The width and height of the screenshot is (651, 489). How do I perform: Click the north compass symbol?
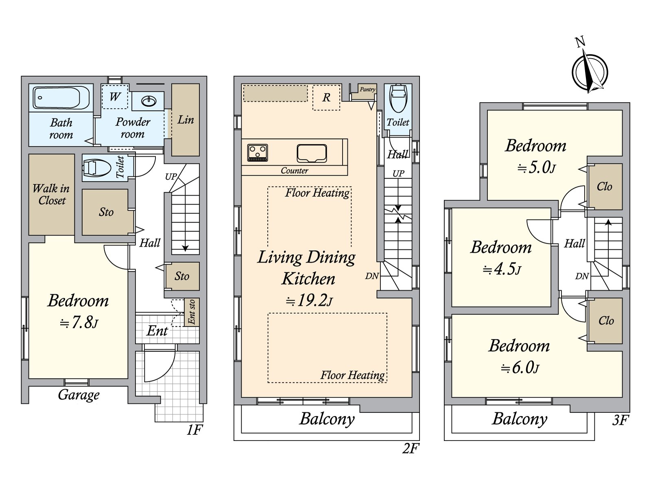pos(590,71)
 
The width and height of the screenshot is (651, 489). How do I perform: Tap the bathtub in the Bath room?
pos(57,97)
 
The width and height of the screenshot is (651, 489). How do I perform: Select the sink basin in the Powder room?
pos(149,101)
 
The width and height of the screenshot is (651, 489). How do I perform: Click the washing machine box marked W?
pos(115,97)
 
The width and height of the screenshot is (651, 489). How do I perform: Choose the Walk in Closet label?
pos(51,194)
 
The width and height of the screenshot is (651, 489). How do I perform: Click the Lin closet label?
pos(186,120)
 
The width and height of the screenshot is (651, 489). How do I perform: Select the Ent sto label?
pos(192,312)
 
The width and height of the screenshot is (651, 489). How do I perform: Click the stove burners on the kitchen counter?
pos(258,152)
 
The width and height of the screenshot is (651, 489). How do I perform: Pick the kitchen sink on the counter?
pos(312,153)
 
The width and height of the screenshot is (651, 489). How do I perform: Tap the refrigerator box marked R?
pos(326,97)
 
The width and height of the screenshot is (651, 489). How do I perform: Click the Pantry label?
pos(367,89)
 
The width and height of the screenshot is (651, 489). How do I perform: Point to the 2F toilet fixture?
pos(398,99)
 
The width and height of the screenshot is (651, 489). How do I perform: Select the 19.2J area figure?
pos(309,300)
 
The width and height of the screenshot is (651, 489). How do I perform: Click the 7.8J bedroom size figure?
pos(79,322)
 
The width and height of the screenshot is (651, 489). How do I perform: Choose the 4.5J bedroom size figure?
pos(502,269)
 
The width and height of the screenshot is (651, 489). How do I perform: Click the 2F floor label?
pos(411,448)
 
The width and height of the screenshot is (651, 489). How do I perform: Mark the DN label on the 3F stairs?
pos(582,276)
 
